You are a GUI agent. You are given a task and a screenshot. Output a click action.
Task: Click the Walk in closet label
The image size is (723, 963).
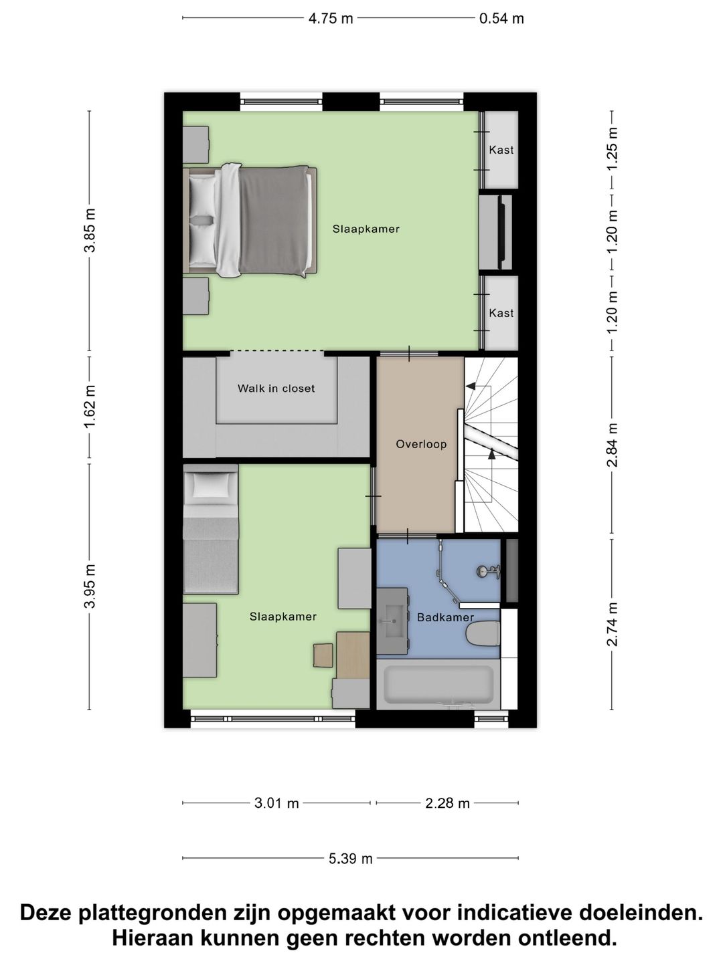pyautogui.click(x=276, y=389)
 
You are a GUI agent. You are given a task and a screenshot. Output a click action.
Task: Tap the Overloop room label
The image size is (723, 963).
pyautogui.click(x=421, y=444)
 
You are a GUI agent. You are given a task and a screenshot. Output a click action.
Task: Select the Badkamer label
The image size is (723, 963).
pyautogui.click(x=445, y=617)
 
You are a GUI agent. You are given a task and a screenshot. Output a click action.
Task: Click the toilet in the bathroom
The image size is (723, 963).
pyautogui.click(x=483, y=633)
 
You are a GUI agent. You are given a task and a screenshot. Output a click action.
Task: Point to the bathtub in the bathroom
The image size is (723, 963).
pyautogui.click(x=438, y=684)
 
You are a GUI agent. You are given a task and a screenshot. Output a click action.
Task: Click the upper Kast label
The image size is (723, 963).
pyautogui.click(x=501, y=150)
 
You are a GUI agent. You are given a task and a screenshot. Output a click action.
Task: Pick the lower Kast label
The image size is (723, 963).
pyautogui.click(x=501, y=313)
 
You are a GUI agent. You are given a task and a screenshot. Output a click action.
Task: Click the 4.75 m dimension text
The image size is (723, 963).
pyautogui.click(x=330, y=19)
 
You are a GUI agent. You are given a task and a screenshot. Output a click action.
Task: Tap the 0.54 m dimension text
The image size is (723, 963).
pyautogui.click(x=501, y=19)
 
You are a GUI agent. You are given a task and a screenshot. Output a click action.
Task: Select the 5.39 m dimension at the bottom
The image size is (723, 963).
pyautogui.click(x=350, y=859)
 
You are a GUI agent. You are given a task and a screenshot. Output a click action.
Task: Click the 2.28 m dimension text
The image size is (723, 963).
pyautogui.click(x=447, y=803)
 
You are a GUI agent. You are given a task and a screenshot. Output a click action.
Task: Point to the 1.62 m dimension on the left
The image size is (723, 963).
pyautogui.click(x=90, y=407)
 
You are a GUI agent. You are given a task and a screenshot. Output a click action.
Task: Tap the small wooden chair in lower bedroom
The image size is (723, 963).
pyautogui.click(x=323, y=655)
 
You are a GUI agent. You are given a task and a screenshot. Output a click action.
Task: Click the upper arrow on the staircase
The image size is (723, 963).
pyautogui.click(x=471, y=386)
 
